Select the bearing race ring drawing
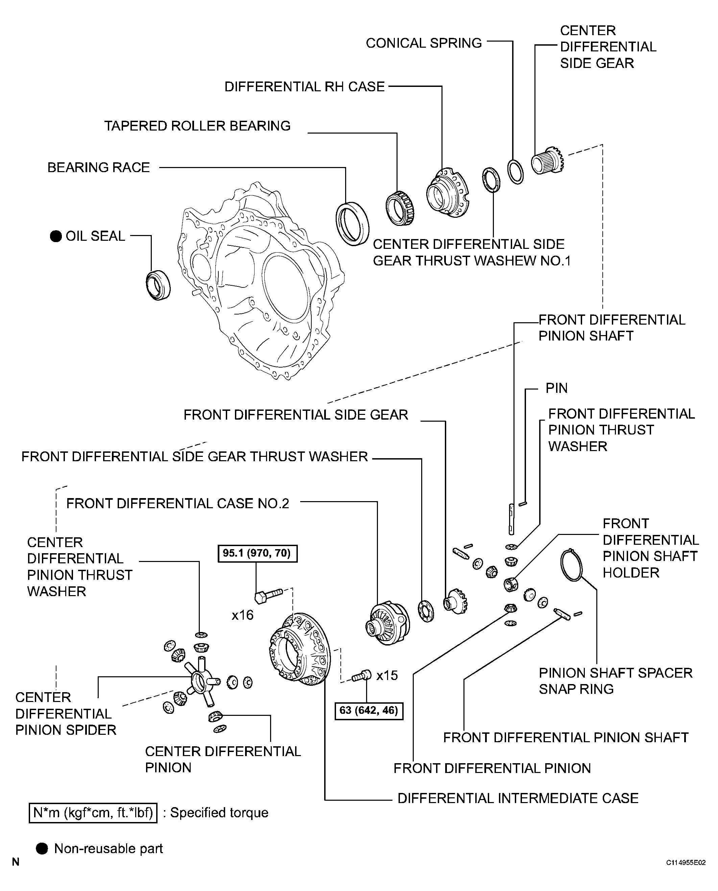(x=352, y=224)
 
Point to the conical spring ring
(x=515, y=171)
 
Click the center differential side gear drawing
(x=547, y=161)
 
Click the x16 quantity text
(x=242, y=615)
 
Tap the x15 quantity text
(x=387, y=676)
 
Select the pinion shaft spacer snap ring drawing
(x=571, y=565)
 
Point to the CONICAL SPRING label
(x=424, y=43)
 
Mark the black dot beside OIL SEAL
(x=56, y=236)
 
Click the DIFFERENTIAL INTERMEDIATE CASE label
(x=518, y=798)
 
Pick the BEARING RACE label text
(x=98, y=167)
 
